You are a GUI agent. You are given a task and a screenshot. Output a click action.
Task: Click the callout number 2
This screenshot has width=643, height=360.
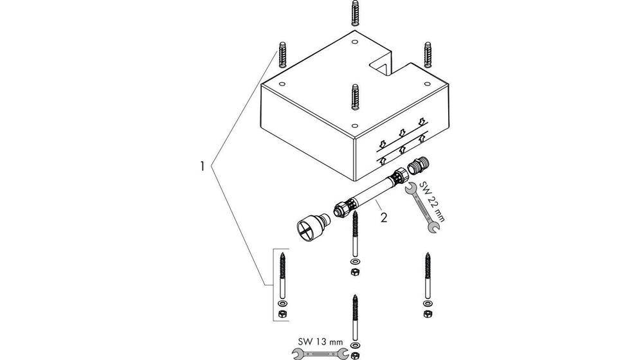(x=383, y=217)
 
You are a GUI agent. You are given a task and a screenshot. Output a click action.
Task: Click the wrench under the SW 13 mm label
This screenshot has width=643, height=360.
(x=320, y=354)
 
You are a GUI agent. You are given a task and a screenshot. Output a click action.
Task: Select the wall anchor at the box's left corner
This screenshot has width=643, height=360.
(x=282, y=55)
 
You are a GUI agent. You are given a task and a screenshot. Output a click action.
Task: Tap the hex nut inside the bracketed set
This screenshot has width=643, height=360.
(x=282, y=314)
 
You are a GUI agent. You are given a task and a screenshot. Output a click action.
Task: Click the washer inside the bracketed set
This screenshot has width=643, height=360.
(x=282, y=304)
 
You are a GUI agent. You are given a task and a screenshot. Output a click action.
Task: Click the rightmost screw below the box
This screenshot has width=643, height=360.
(x=428, y=275)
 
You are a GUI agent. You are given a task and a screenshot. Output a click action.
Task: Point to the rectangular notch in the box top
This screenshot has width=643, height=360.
(x=382, y=67)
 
